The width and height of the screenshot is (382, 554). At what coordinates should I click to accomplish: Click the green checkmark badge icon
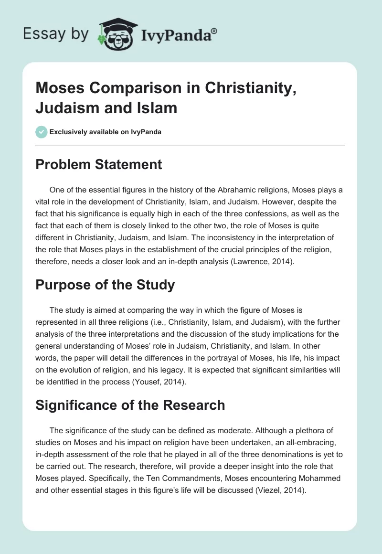(41, 132)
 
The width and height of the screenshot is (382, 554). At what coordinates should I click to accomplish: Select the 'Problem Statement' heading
(99, 165)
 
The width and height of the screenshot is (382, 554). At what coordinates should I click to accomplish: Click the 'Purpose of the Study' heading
(106, 285)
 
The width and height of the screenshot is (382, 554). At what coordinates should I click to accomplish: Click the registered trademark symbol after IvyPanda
(214, 31)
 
